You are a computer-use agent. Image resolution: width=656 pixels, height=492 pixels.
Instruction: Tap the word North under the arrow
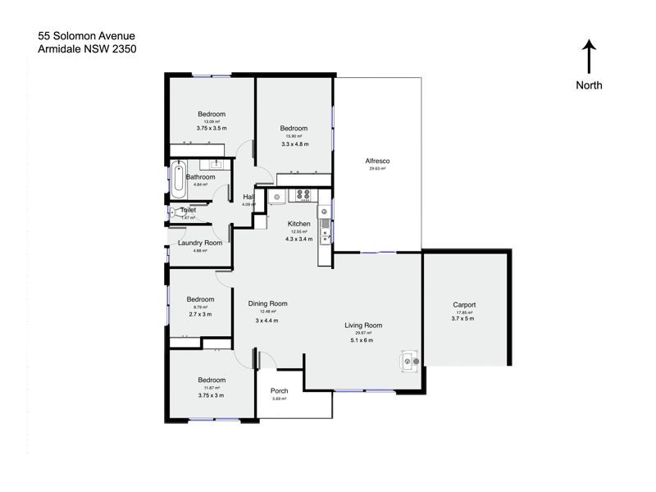coord(589,85)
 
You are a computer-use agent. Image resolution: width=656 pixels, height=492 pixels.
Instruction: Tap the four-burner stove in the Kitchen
coord(303,195)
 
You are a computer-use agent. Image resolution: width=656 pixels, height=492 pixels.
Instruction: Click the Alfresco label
coord(377,161)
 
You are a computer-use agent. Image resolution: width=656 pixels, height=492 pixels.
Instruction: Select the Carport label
coord(464,304)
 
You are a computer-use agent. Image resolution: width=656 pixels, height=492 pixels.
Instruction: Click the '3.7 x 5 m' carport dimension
coord(464,318)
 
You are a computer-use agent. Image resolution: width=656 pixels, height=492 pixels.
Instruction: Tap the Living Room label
coord(363,326)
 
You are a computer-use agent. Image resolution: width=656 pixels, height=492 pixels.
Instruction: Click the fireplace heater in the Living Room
coord(408,358)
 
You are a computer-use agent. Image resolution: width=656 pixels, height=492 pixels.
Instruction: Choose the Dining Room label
coord(267,303)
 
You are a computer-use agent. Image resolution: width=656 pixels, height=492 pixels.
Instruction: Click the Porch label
coord(279,390)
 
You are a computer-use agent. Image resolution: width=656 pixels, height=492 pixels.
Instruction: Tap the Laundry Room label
coord(200,243)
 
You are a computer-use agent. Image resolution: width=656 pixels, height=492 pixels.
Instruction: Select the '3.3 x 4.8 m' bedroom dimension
coord(294,143)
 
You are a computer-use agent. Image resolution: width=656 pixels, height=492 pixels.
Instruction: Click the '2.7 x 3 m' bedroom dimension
coord(200,314)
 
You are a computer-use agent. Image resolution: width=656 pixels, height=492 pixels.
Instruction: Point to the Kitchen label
coord(298,224)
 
